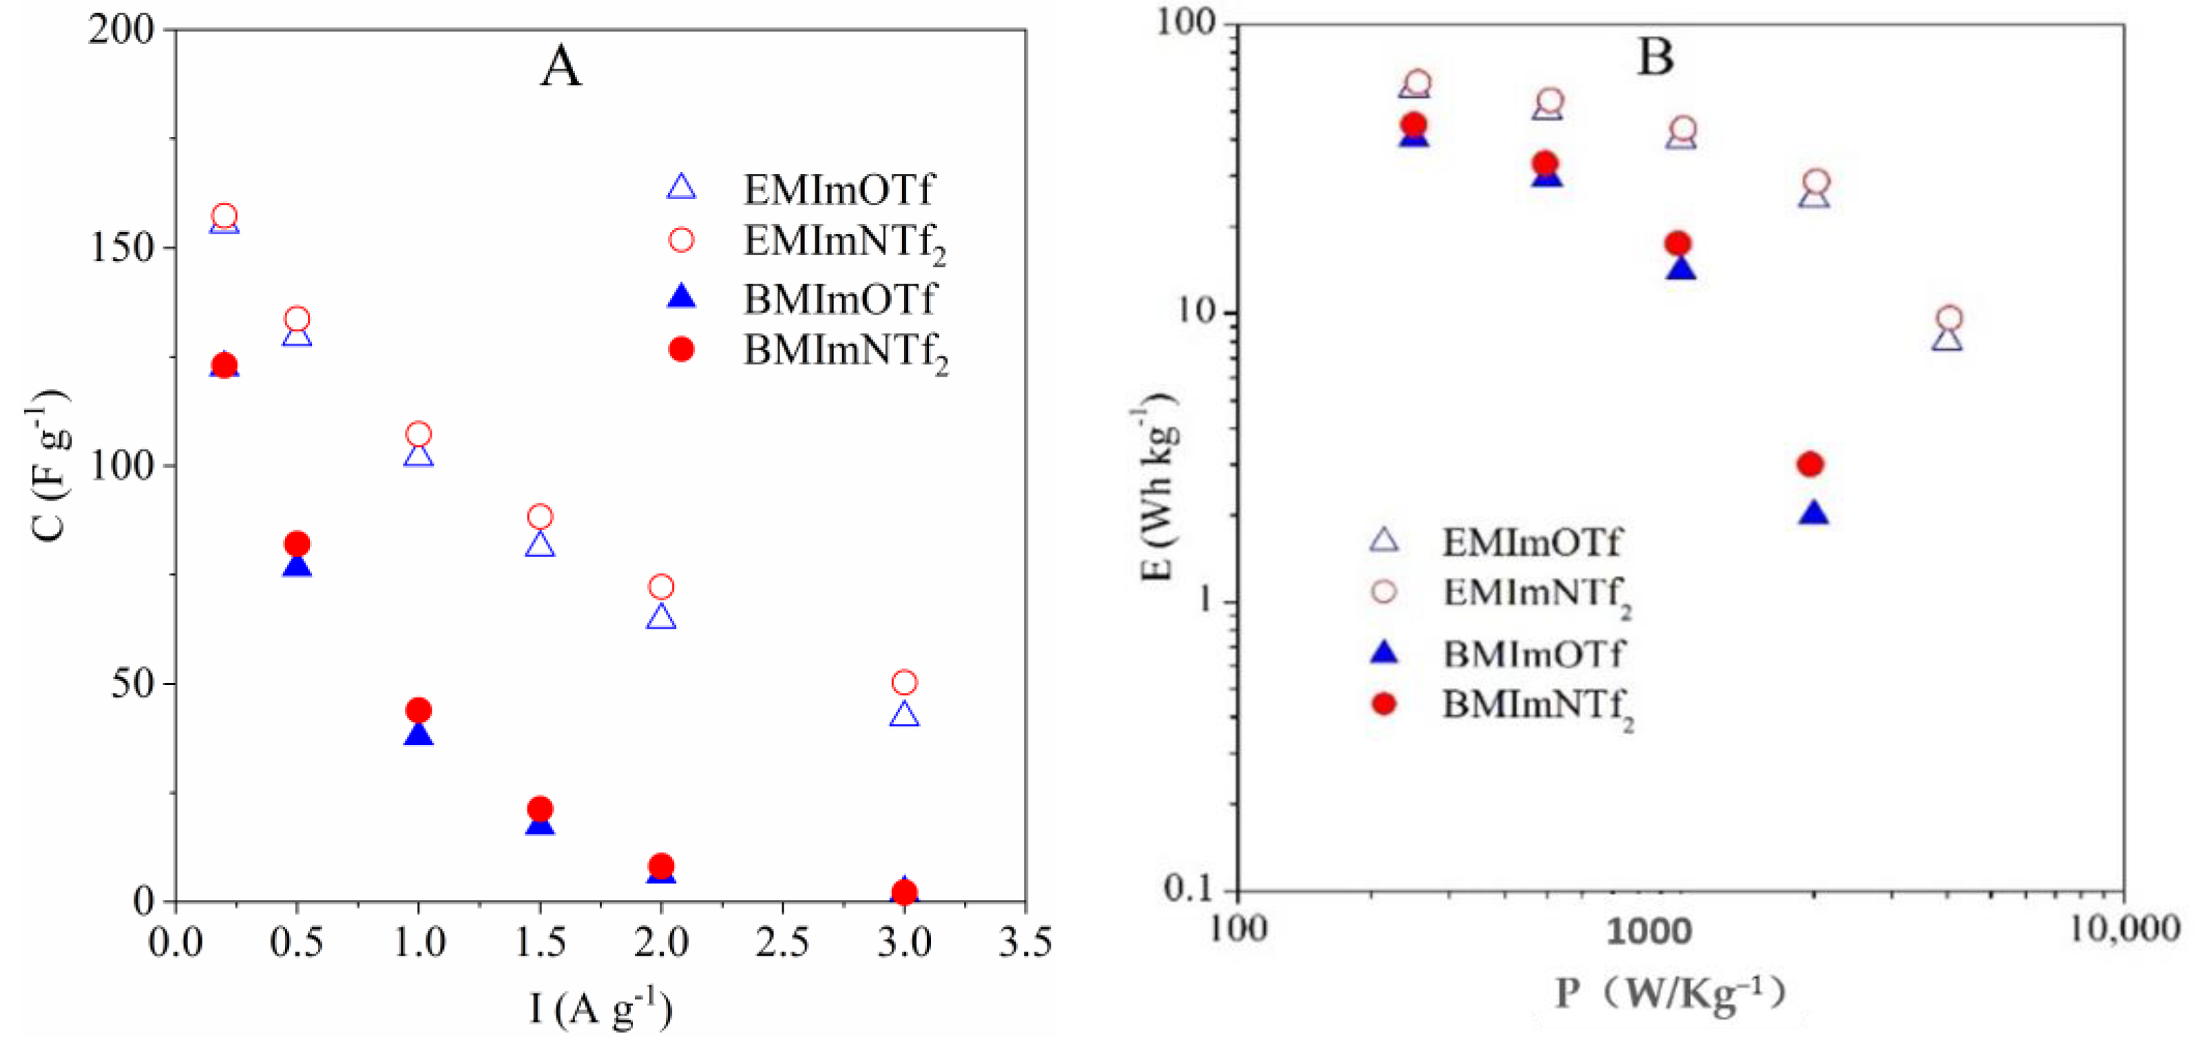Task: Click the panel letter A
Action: click(x=561, y=67)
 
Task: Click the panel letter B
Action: click(x=1655, y=58)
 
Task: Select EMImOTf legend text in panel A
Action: click(x=839, y=189)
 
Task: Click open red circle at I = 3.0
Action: click(x=903, y=682)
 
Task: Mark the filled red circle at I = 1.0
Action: click(x=418, y=710)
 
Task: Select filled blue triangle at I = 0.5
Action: click(x=297, y=566)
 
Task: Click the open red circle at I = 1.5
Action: click(x=540, y=516)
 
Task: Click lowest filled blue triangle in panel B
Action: click(x=1813, y=514)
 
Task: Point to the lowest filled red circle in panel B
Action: click(x=1810, y=465)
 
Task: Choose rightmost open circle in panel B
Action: click(x=1949, y=319)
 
